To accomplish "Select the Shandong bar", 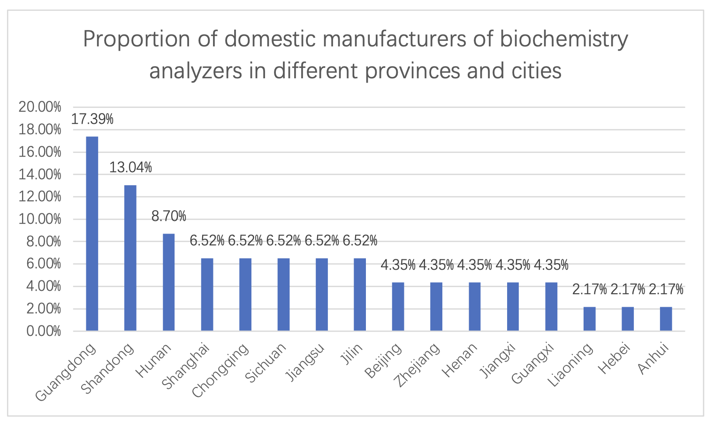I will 130,258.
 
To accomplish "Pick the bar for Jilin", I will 360,295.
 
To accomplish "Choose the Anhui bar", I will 666,319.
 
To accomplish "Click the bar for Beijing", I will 398,307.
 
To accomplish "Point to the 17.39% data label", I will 92,119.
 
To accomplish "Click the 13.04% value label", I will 130,167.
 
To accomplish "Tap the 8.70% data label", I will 169,216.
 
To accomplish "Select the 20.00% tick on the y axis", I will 40,107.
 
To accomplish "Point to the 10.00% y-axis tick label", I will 40,219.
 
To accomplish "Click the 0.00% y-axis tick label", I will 43,331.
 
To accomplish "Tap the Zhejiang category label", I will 417,366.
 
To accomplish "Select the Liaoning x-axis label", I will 570,366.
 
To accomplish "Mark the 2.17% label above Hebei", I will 628,289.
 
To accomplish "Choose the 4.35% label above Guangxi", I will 551,265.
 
